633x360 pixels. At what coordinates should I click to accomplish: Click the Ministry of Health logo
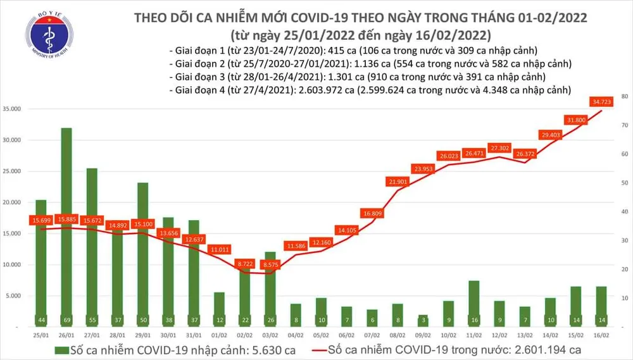(x=48, y=39)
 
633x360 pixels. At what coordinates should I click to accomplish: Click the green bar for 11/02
(x=473, y=304)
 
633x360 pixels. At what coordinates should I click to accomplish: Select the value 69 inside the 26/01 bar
(x=66, y=320)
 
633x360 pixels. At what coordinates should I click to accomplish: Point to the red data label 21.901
(x=398, y=182)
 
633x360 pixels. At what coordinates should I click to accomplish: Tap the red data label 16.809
(x=372, y=213)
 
